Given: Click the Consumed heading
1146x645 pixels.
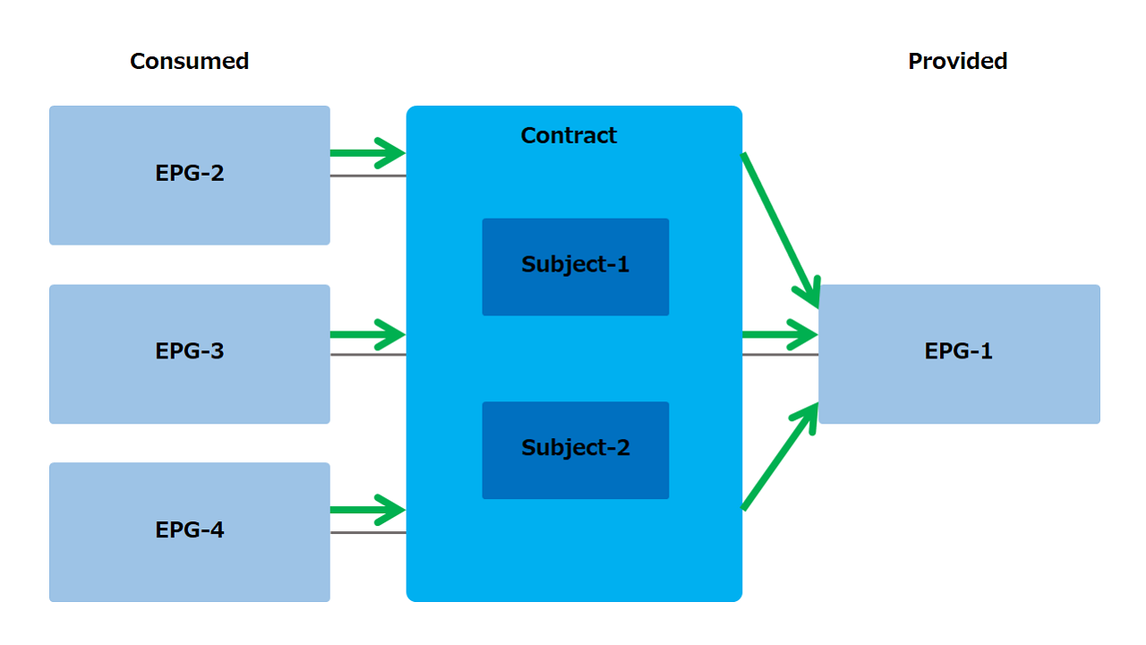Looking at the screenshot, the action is coord(189,62).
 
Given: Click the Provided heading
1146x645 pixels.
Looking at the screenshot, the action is coord(958,62).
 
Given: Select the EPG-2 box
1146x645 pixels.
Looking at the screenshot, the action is coord(189,175).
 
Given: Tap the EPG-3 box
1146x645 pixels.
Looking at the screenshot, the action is coord(189,354).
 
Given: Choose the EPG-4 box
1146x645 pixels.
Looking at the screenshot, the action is coord(189,532).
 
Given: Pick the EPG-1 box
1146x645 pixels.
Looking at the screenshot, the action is coord(959,354).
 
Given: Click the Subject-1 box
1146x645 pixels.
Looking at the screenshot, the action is coord(576,267).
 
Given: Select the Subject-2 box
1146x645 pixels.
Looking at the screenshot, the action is coord(576,450).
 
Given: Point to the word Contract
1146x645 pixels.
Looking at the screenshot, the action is coord(569,135).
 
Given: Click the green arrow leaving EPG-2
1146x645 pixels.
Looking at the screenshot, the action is coord(368,153).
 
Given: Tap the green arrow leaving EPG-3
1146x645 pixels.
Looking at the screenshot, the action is coord(368,335).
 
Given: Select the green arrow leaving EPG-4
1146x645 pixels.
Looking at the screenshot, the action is coord(368,510).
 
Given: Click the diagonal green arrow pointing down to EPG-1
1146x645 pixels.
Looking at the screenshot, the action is coord(781,230).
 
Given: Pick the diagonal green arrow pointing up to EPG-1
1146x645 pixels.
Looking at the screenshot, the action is coord(780,456).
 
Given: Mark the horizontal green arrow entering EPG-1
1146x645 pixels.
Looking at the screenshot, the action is coord(780,335).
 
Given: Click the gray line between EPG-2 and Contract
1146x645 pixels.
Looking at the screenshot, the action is coord(368,176).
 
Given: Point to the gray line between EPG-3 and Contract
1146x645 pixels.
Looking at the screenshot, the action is coord(368,354).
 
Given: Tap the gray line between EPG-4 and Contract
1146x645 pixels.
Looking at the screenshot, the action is coord(368,532).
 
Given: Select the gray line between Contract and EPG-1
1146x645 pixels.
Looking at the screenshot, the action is coord(780,354).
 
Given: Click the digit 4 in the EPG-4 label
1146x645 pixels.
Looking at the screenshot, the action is coord(218,529).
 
